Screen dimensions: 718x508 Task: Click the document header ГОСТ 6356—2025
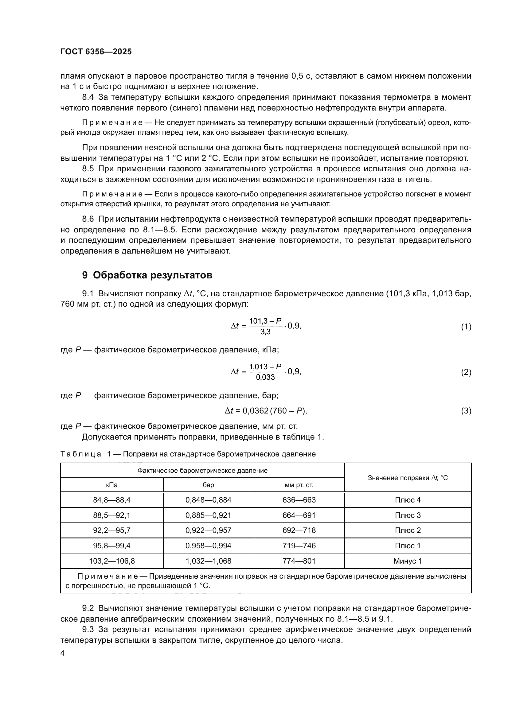96,52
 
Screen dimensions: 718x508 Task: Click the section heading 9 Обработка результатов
147,275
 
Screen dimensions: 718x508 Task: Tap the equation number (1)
466,327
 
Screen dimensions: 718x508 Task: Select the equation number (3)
466,411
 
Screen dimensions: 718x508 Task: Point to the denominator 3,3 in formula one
265,332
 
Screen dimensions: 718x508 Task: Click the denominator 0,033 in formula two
265,378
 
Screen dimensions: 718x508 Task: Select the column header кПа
112,485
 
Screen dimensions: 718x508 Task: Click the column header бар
208,485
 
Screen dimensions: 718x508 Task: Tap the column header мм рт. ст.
299,485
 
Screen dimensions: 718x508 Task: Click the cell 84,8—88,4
112,500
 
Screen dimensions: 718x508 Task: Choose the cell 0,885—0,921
208,515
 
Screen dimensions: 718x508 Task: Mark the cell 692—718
299,530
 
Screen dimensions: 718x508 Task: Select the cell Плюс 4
408,500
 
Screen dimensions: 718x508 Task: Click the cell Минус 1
408,561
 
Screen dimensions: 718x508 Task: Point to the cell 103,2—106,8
112,561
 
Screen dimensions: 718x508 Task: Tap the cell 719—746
299,546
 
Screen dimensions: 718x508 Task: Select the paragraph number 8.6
88,219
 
